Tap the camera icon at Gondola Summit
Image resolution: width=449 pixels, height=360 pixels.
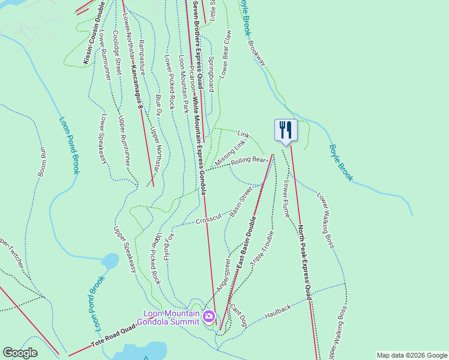click(x=209, y=316)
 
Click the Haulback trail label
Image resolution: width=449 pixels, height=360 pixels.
click(x=278, y=311)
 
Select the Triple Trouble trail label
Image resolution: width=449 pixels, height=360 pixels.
click(x=262, y=248)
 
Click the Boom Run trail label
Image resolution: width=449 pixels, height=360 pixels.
click(x=43, y=161)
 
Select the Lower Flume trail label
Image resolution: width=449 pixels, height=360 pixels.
click(x=285, y=198)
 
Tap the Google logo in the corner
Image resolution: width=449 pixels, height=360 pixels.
click(x=20, y=353)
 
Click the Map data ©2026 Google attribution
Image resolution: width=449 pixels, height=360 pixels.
click(x=411, y=355)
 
